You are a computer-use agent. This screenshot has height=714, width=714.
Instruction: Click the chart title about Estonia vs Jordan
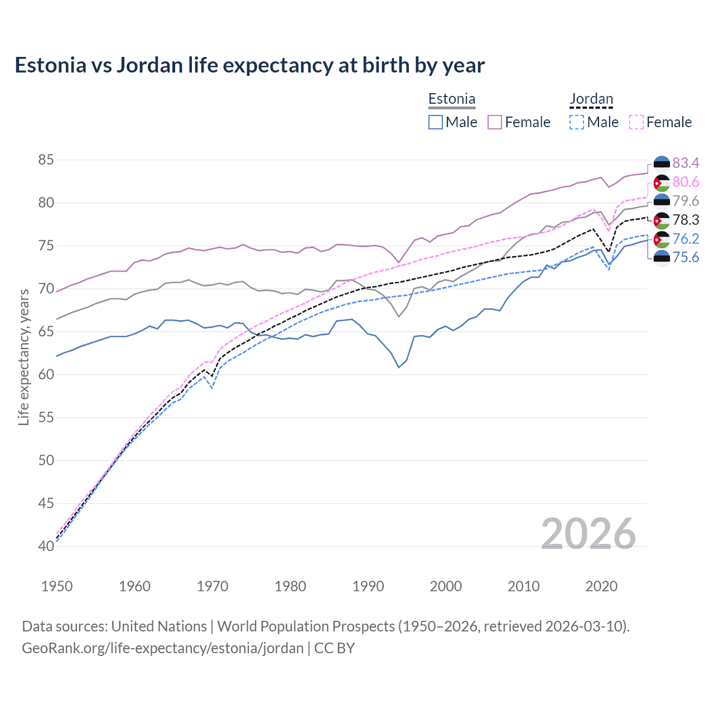249,65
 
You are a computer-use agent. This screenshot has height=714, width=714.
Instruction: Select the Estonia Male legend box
436,122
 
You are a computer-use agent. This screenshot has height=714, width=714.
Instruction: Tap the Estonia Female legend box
495,122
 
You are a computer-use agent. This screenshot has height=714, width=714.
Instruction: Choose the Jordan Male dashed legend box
577,122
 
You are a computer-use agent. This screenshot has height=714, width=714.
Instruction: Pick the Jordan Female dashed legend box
636,122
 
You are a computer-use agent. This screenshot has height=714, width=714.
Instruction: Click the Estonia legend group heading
452,99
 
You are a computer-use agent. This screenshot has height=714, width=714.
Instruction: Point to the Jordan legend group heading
591,99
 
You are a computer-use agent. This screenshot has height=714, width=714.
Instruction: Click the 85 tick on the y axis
46,160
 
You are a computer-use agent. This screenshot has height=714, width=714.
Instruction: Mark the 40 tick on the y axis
46,546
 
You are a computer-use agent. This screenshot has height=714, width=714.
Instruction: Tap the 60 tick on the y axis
46,374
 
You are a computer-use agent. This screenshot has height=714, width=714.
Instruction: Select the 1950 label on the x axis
57,586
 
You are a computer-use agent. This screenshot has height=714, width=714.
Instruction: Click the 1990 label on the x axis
368,586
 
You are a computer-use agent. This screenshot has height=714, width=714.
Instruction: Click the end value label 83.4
686,163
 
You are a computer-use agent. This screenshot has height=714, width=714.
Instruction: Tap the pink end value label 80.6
686,182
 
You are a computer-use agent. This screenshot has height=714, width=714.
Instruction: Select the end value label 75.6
686,257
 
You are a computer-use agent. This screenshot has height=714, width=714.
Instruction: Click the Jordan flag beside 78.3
662,220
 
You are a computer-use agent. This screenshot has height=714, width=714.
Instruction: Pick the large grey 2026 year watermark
588,534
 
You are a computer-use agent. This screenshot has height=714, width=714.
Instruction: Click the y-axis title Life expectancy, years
23,357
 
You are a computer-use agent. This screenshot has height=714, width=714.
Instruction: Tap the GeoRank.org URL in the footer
162,648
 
